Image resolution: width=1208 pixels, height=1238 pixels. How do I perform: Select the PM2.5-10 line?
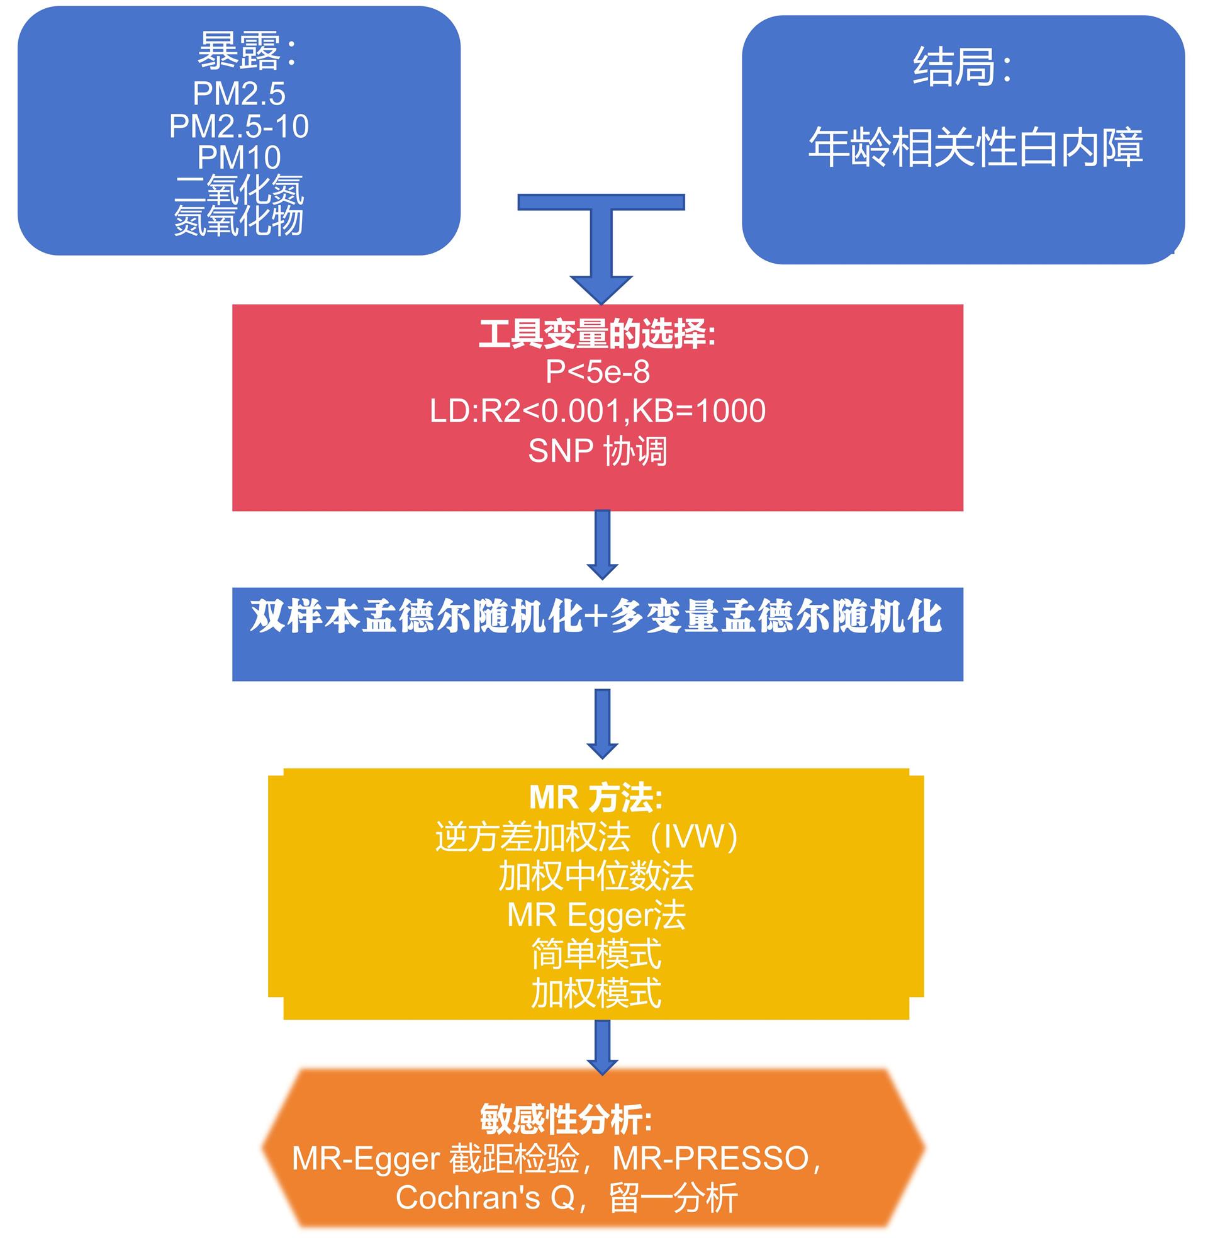pos(238,127)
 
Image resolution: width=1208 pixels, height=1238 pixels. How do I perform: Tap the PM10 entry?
pos(238,157)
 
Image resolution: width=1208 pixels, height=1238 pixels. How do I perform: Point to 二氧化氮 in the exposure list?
pos(238,189)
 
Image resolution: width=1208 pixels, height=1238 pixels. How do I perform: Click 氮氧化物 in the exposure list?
pos(238,221)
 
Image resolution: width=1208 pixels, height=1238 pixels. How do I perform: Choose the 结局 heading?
pos(961,67)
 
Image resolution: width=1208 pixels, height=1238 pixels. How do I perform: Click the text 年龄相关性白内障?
pos(975,147)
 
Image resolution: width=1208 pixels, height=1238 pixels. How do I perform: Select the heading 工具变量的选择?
pos(596,334)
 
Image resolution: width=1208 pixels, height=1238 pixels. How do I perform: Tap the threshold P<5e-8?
pos(598,372)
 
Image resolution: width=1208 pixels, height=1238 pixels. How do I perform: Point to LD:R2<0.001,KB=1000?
pos(598,411)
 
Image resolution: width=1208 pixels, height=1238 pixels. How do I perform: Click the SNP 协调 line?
pos(598,451)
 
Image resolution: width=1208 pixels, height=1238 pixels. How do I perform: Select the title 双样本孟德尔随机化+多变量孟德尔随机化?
pos(596,616)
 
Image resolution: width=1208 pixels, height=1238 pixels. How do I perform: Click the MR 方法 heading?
pos(596,797)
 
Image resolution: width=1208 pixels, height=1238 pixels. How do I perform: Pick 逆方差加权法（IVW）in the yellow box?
pos(586,837)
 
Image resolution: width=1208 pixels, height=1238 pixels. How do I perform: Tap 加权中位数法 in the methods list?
pos(596,876)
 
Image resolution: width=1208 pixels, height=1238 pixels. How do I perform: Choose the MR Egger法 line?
pos(596,915)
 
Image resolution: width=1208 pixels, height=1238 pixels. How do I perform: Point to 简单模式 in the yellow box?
pos(596,954)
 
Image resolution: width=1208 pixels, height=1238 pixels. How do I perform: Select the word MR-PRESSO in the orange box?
pos(710,1159)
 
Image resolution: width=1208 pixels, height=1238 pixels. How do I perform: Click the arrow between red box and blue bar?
pos(602,546)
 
